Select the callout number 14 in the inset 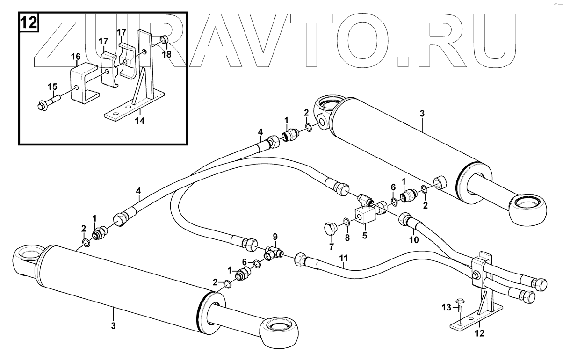click(140, 121)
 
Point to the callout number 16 click(75, 57)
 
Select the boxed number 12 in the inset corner click(29, 22)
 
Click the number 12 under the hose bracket click(479, 334)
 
